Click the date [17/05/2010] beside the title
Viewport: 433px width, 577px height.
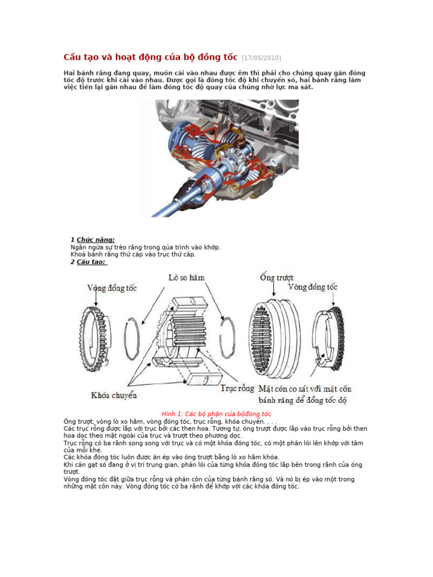click(261, 58)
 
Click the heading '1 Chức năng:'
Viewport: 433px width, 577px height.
click(92, 239)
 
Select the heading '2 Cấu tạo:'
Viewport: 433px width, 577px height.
click(89, 261)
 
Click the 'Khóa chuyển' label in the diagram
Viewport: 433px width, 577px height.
click(114, 395)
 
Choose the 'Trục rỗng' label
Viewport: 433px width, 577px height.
click(236, 389)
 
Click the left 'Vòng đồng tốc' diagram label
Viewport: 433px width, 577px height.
click(112, 288)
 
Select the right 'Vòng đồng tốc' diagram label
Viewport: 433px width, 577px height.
click(313, 287)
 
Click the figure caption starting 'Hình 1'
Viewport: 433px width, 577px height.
click(216, 414)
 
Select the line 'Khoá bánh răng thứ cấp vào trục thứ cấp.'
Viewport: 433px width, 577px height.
click(133, 254)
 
